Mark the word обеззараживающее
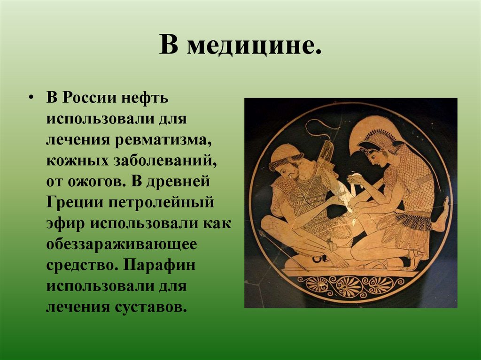121,244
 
